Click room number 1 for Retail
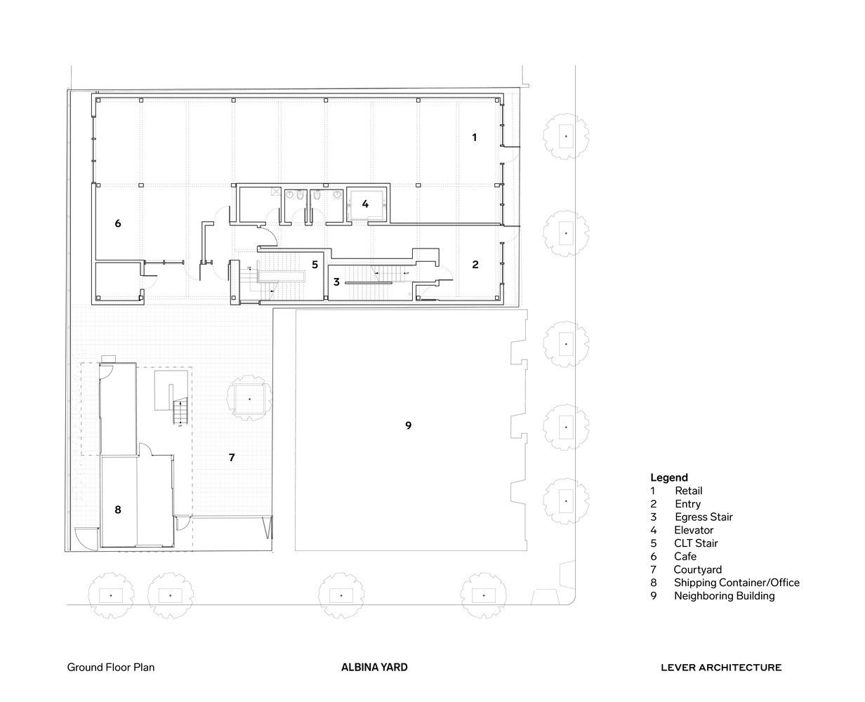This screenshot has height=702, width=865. pyautogui.click(x=474, y=138)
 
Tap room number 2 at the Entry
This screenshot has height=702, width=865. pyautogui.click(x=475, y=265)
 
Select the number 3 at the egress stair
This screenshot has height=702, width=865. pyautogui.click(x=336, y=282)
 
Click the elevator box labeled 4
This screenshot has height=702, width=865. pyautogui.click(x=365, y=204)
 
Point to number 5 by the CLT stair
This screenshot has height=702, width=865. pyautogui.click(x=315, y=265)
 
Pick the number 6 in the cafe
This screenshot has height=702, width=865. pyautogui.click(x=118, y=223)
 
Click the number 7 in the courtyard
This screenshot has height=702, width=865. pyautogui.click(x=232, y=457)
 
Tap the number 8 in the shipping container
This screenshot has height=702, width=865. pyautogui.click(x=118, y=510)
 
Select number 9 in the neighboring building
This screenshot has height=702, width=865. pyautogui.click(x=408, y=425)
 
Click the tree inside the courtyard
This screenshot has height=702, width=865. pyautogui.click(x=249, y=398)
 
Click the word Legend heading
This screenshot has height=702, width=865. pyautogui.click(x=668, y=477)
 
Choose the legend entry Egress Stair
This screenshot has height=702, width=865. pyautogui.click(x=704, y=517)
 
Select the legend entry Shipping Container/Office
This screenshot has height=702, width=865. pyautogui.click(x=736, y=582)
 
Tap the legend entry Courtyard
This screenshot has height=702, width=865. pyautogui.click(x=697, y=569)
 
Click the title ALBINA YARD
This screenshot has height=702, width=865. pyautogui.click(x=374, y=668)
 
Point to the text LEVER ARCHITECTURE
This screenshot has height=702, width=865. pyautogui.click(x=720, y=668)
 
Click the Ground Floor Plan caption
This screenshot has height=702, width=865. pyautogui.click(x=111, y=668)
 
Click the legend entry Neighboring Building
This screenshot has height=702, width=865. pyautogui.click(x=724, y=595)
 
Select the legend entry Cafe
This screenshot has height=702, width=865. pyautogui.click(x=685, y=556)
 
